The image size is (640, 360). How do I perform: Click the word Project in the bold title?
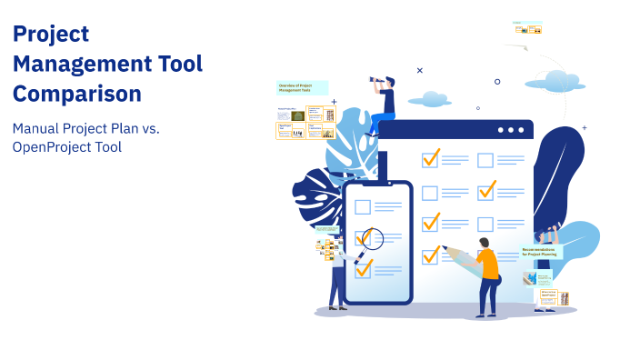tap(51, 35)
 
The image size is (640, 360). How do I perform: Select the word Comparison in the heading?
tap(77, 93)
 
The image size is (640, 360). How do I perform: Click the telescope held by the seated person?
tap(376, 81)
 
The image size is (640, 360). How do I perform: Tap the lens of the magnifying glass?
tap(372, 238)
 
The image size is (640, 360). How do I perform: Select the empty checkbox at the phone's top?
tap(363, 206)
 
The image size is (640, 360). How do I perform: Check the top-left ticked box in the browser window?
tap(430, 159)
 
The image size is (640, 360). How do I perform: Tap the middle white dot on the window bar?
tap(510, 130)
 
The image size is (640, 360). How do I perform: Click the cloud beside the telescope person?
tap(428, 98)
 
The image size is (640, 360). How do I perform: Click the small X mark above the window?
tap(419, 70)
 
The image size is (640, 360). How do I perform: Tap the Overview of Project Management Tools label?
tap(302, 87)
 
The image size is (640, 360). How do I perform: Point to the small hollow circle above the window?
tap(497, 82)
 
